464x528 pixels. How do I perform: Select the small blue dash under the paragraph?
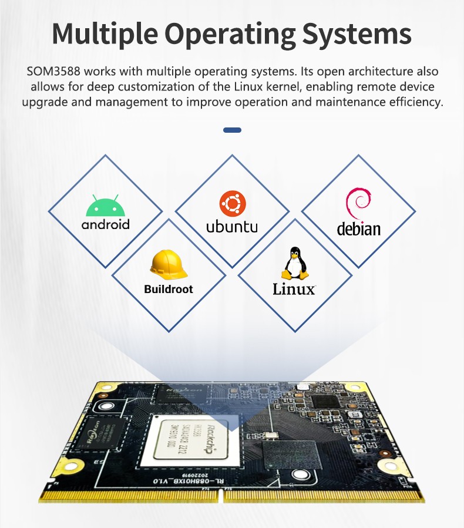[232, 130]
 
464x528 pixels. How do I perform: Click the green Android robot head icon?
[106, 206]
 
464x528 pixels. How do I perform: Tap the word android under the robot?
[106, 224]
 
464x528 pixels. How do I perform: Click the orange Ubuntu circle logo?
[232, 204]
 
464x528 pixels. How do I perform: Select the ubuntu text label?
[232, 227]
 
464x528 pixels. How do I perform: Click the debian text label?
[358, 228]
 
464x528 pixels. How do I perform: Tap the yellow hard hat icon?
[169, 265]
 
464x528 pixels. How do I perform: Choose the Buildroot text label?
[169, 290]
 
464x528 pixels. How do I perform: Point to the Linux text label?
[294, 289]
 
